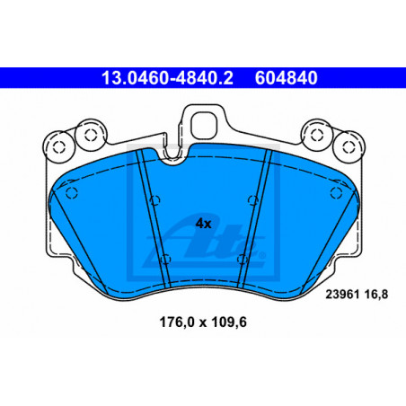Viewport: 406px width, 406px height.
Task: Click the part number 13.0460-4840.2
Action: (x=167, y=78)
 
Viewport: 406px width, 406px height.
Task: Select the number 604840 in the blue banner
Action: (x=286, y=78)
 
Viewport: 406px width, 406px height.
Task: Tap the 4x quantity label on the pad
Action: (x=203, y=224)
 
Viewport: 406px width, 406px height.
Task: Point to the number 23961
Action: (x=342, y=295)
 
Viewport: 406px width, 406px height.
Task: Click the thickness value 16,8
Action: (x=376, y=295)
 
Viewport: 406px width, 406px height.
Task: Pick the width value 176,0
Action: (x=177, y=322)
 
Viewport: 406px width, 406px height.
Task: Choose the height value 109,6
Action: (x=229, y=322)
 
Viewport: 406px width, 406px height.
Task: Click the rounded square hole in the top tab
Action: (x=203, y=126)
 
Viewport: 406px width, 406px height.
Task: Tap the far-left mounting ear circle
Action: (x=58, y=147)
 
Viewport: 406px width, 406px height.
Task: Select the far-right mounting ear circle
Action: (x=349, y=147)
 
